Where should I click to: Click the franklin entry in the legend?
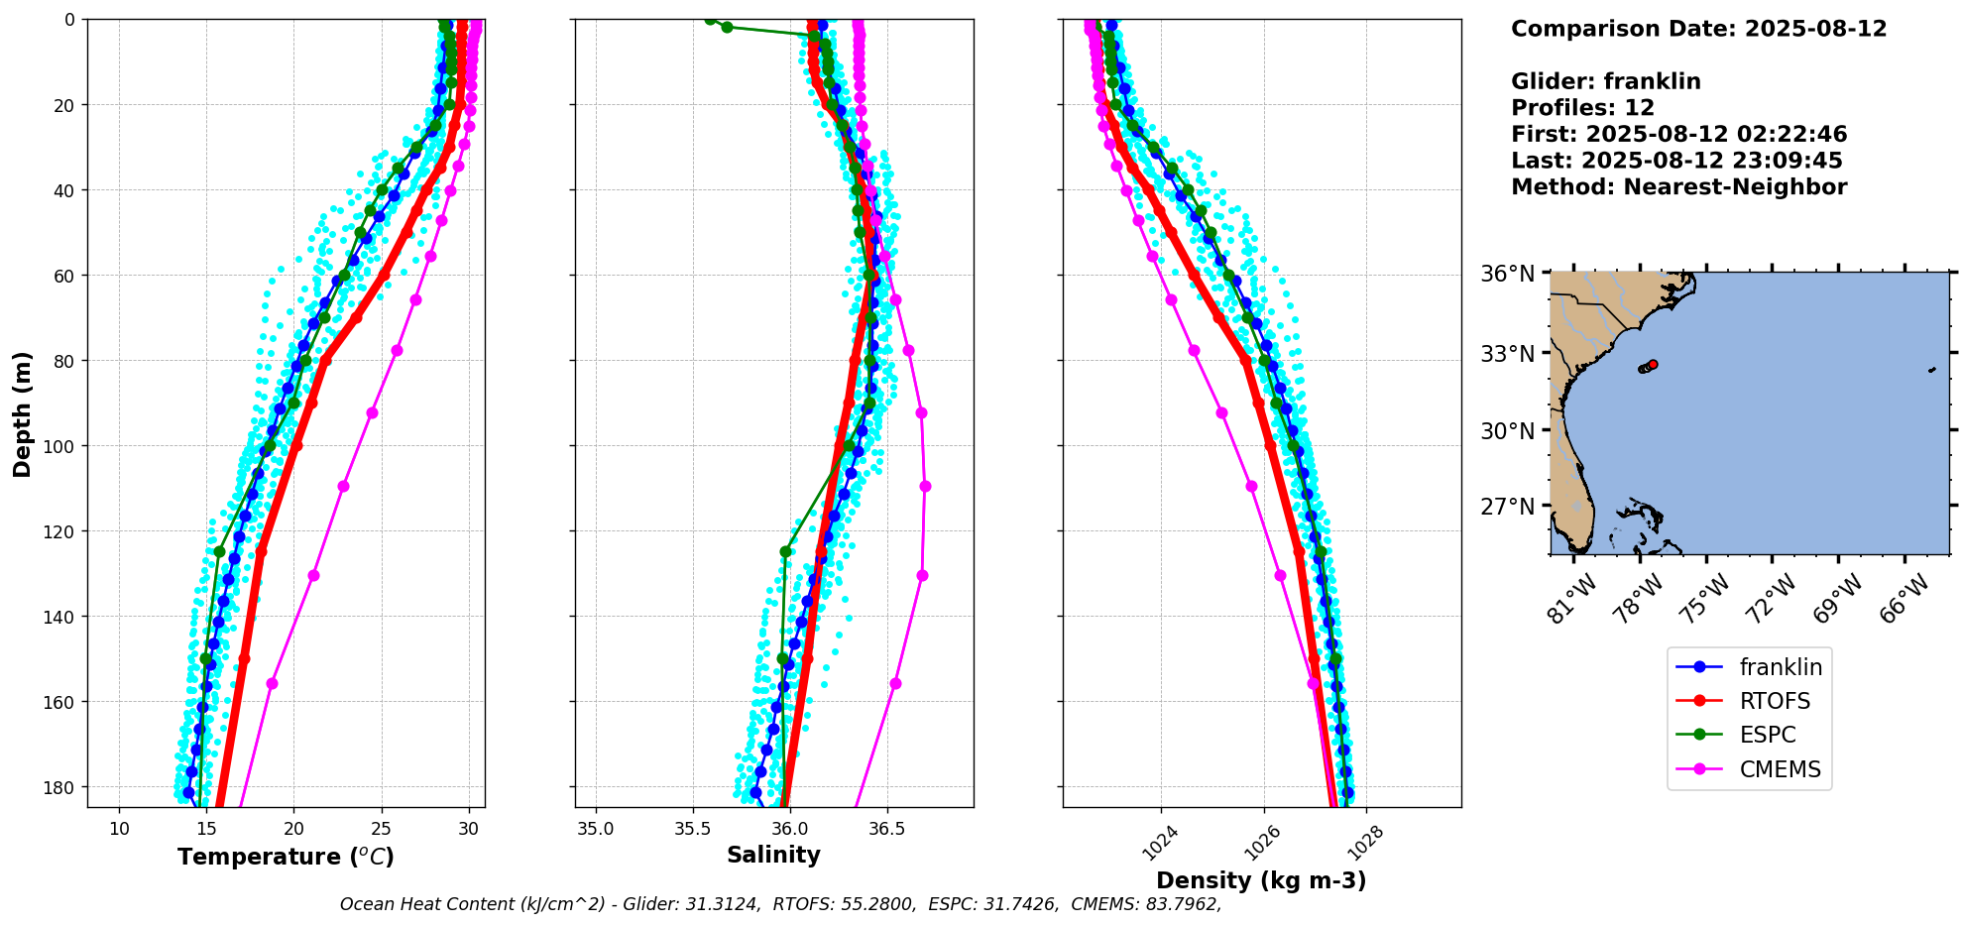pyautogui.click(x=1749, y=667)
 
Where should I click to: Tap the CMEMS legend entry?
pyautogui.click(x=1749, y=769)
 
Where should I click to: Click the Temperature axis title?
pyautogui.click(x=286, y=857)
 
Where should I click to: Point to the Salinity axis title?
pyautogui.click(x=773, y=855)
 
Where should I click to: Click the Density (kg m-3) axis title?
pyautogui.click(x=1261, y=880)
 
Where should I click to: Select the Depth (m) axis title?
pyautogui.click(x=23, y=413)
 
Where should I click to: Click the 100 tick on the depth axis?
pyautogui.click(x=61, y=446)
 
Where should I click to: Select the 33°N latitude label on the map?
pyautogui.click(x=1507, y=354)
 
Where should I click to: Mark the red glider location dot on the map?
pyautogui.click(x=1653, y=365)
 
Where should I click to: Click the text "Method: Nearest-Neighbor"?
pyautogui.click(x=1678, y=187)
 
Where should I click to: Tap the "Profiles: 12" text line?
pyautogui.click(x=1582, y=108)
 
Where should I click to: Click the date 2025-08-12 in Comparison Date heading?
pyautogui.click(x=1815, y=29)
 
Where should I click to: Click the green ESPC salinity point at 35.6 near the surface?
pyautogui.click(x=710, y=20)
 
